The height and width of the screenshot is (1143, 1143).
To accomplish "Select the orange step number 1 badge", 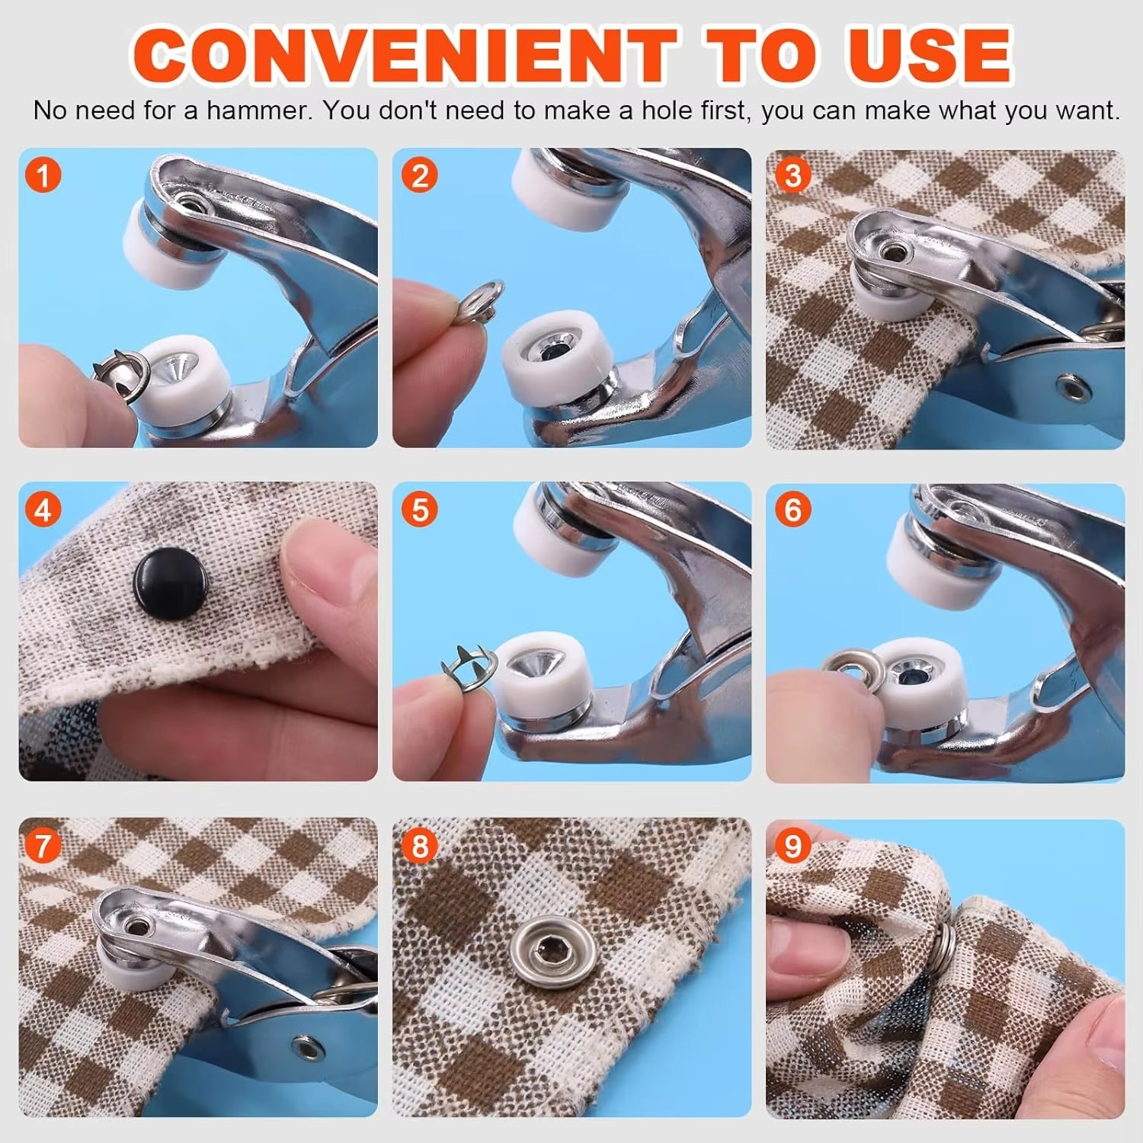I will click(43, 175).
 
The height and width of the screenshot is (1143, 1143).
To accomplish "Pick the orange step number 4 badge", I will click(43, 509).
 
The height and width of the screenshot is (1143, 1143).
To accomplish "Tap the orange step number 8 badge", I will click(420, 845).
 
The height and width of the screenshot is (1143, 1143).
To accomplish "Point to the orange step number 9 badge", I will click(793, 845).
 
